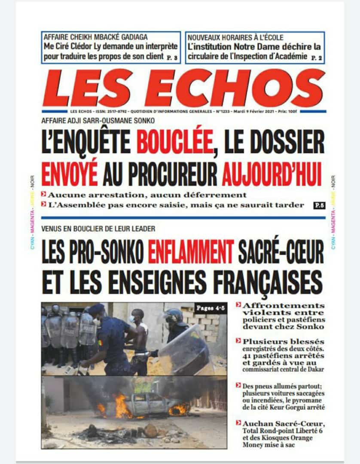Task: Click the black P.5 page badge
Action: [319, 205]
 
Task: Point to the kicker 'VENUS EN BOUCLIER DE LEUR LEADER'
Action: [98, 229]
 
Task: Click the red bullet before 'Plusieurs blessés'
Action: [238, 341]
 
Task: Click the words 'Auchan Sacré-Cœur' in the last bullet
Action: [274, 423]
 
